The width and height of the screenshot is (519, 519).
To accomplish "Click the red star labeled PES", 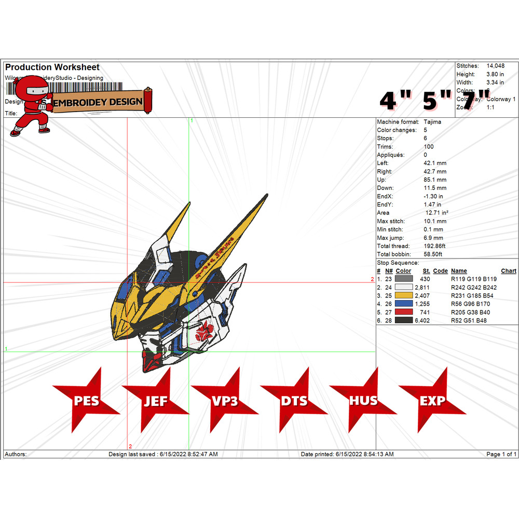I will [86, 401].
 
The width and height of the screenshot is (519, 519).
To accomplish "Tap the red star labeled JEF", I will [156, 401].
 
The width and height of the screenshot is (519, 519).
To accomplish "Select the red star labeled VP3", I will [225, 401].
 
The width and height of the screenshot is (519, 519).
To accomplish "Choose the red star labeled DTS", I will [294, 401].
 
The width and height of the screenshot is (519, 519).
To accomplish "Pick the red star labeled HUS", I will [363, 401].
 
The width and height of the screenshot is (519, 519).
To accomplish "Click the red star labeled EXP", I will [432, 401].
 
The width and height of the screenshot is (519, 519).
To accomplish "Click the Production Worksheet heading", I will [52, 67].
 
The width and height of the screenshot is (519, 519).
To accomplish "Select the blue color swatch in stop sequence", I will [403, 304].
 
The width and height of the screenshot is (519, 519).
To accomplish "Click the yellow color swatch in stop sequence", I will [403, 296].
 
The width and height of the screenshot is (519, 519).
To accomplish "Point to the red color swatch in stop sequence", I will [403, 312].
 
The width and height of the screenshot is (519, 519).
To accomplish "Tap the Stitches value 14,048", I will [495, 66].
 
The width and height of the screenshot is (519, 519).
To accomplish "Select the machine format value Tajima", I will [433, 122].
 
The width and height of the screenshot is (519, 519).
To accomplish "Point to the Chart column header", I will [509, 271].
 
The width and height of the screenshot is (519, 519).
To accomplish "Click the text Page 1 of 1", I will [501, 454].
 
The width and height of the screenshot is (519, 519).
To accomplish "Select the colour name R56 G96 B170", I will [470, 304].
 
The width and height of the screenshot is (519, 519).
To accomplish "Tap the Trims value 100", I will [429, 147].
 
